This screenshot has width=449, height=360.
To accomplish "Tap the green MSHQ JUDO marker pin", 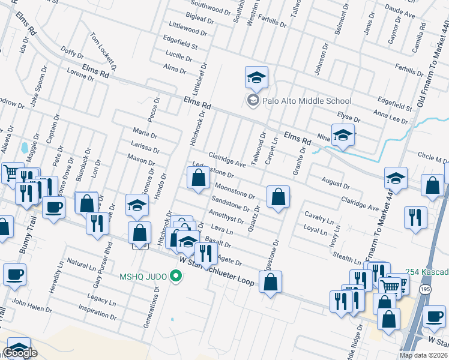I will (x=175, y=276).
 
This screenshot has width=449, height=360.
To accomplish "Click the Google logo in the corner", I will (x=21, y=353).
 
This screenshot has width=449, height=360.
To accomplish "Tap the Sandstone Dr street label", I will (x=230, y=203).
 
